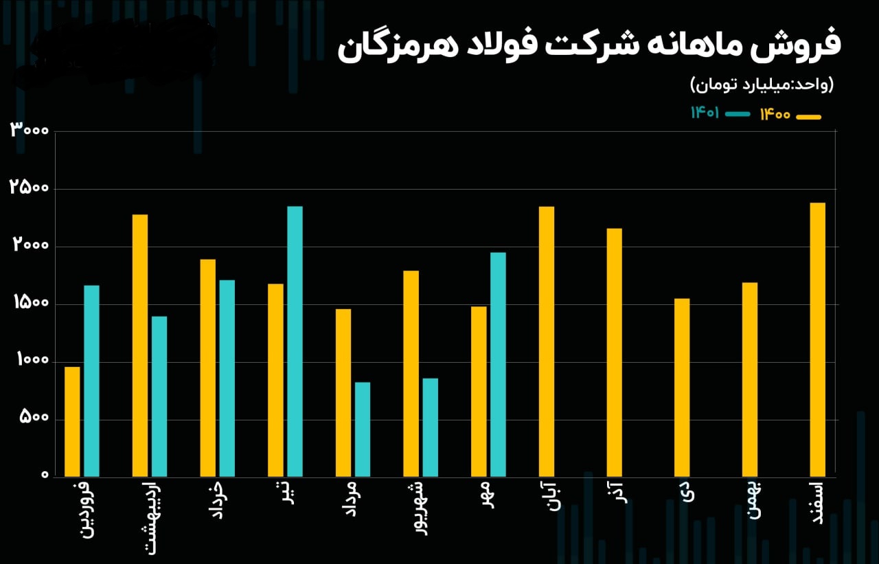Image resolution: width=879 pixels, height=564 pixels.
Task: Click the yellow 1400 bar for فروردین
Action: pos(72,421)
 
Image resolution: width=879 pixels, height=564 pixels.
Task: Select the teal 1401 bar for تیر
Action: pos(295,341)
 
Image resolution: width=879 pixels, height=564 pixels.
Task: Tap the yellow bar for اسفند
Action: pos(817,339)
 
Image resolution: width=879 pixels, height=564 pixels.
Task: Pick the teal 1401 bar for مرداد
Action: pos(363,429)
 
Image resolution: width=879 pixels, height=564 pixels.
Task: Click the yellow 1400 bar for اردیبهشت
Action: pos(140,345)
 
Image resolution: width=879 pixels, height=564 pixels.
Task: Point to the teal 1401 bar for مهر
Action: pos(498,364)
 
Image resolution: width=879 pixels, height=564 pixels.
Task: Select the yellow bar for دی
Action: pos(682,387)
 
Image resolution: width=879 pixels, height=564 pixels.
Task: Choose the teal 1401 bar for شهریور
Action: pos(430,427)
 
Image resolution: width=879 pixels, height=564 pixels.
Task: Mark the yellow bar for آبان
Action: pos(546,341)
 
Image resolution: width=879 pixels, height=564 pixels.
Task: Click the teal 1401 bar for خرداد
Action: pos(227,378)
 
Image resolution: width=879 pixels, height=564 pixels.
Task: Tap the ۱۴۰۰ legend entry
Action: pos(790,115)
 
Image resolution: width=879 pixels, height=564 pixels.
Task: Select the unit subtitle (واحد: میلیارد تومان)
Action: pos(762,85)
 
